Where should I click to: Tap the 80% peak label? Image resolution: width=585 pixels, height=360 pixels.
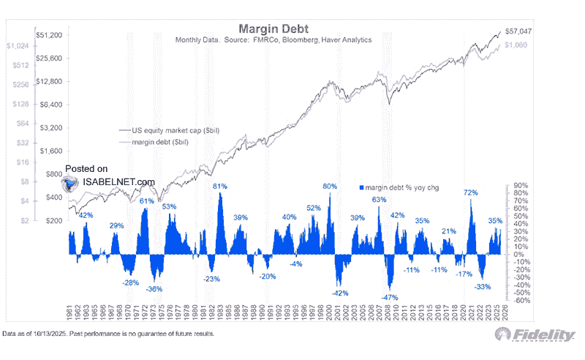pyautogui.click(x=330, y=187)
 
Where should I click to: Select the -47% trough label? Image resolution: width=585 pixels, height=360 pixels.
pyautogui.click(x=390, y=298)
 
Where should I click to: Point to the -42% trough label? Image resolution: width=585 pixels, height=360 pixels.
pyautogui.click(x=339, y=293)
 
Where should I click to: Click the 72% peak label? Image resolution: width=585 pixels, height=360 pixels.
pyautogui.click(x=470, y=192)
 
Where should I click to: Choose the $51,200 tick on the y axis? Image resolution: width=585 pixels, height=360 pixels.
pyautogui.click(x=48, y=34)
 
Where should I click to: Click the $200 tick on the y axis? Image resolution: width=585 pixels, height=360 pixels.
pyautogui.click(x=53, y=220)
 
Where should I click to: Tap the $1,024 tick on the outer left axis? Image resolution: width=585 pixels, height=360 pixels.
pyautogui.click(x=16, y=45)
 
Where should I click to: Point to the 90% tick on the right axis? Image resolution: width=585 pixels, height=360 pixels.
pyautogui.click(x=520, y=185)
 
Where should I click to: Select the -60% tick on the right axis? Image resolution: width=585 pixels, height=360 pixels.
pyautogui.click(x=521, y=300)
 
